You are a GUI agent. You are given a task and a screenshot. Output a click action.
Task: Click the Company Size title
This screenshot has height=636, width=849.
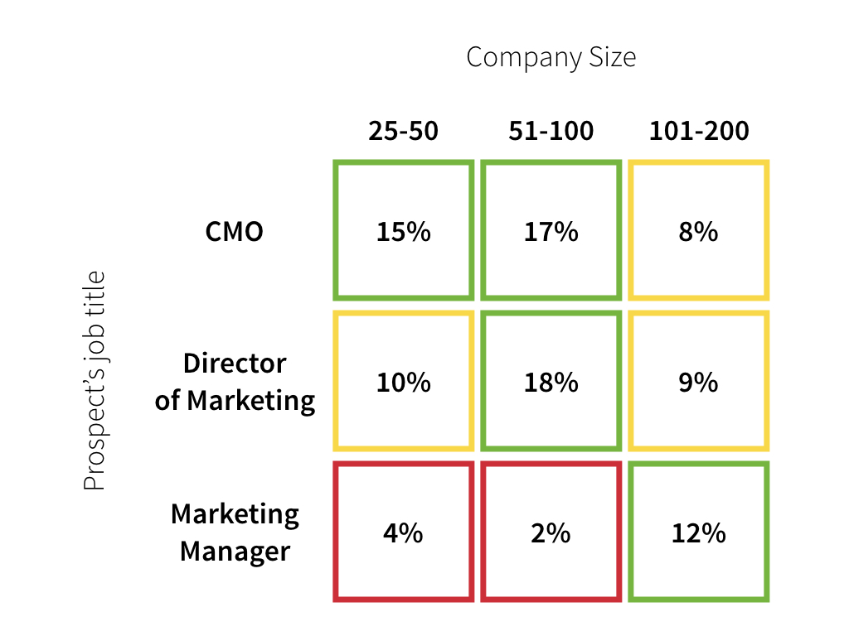pyautogui.click(x=551, y=58)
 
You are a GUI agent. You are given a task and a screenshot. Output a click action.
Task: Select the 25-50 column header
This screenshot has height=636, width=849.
pyautogui.click(x=403, y=131)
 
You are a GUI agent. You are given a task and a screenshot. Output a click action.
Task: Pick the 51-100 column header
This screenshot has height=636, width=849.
pyautogui.click(x=551, y=131)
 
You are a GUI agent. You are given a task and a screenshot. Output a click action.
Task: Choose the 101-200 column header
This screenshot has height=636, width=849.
pyautogui.click(x=698, y=131)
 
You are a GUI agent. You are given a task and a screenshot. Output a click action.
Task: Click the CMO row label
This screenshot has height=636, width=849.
pyautogui.click(x=234, y=231)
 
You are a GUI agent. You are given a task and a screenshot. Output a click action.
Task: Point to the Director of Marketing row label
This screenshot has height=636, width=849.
pyautogui.click(x=235, y=382)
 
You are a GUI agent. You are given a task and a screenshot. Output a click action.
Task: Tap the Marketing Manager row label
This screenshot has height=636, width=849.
pyautogui.click(x=235, y=532)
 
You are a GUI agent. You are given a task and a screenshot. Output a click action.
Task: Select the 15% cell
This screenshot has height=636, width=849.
pyautogui.click(x=404, y=231)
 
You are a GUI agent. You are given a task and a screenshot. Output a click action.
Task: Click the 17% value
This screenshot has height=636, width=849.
pyautogui.click(x=551, y=231)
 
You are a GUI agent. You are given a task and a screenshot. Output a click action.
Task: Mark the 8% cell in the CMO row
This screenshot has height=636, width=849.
pyautogui.click(x=698, y=231)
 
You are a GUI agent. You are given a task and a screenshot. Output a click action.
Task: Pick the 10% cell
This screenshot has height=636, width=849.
pyautogui.click(x=404, y=382)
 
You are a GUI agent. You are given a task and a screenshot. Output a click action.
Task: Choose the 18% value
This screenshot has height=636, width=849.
pyautogui.click(x=551, y=382)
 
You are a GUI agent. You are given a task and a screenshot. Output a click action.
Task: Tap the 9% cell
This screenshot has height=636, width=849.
pyautogui.click(x=698, y=382)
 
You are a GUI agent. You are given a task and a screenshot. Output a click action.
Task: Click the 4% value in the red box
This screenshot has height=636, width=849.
pyautogui.click(x=404, y=532)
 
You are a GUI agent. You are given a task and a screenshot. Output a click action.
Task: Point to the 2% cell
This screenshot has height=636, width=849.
pyautogui.click(x=551, y=532)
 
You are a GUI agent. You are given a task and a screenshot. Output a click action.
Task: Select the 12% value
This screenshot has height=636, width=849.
pyautogui.click(x=698, y=532)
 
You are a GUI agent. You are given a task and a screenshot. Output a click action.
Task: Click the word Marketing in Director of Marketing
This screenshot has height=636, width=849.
pyautogui.click(x=250, y=401)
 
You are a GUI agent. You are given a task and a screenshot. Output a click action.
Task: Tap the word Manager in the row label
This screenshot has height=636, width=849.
pyautogui.click(x=235, y=552)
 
